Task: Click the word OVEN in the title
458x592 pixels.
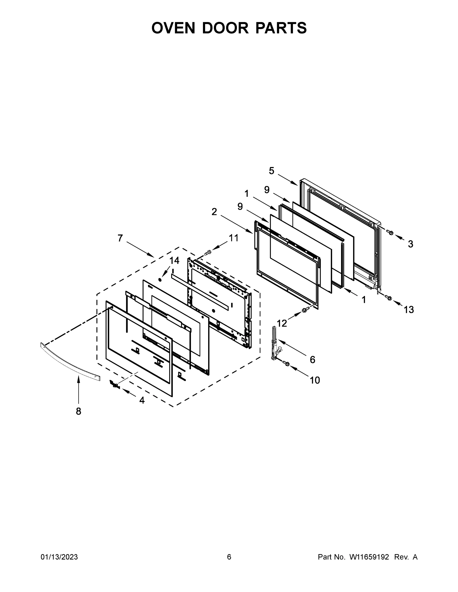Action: tap(173, 28)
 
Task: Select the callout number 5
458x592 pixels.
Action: tap(272, 171)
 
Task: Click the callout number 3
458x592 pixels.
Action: tap(411, 244)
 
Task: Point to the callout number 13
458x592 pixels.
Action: tap(409, 310)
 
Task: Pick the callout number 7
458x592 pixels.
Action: tap(120, 238)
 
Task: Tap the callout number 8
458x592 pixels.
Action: tap(79, 411)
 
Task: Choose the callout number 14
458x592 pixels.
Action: tap(175, 260)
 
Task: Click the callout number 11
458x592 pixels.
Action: tap(234, 238)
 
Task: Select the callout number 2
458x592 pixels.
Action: tap(214, 212)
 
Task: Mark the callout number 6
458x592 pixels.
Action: tap(313, 360)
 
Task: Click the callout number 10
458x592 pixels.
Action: tap(315, 380)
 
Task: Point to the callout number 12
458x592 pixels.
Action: tap(282, 323)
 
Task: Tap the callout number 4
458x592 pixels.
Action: tap(142, 400)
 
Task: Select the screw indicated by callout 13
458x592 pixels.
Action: tap(388, 298)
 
